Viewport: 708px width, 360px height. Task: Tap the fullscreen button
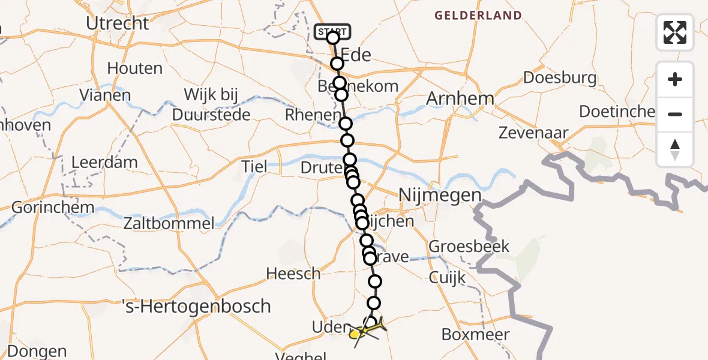(x=675, y=32)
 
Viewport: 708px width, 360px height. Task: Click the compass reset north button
(x=675, y=149)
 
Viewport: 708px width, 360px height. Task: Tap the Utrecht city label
(x=118, y=23)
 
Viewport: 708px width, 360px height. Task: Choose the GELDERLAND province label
(x=478, y=16)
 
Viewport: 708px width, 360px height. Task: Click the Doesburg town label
(x=560, y=77)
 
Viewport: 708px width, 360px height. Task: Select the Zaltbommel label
(x=169, y=224)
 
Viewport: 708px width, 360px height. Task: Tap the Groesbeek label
(x=469, y=246)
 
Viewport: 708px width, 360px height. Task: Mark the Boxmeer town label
(x=475, y=334)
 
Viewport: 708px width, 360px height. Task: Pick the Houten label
(x=135, y=68)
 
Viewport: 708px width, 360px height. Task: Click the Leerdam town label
(x=104, y=162)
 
